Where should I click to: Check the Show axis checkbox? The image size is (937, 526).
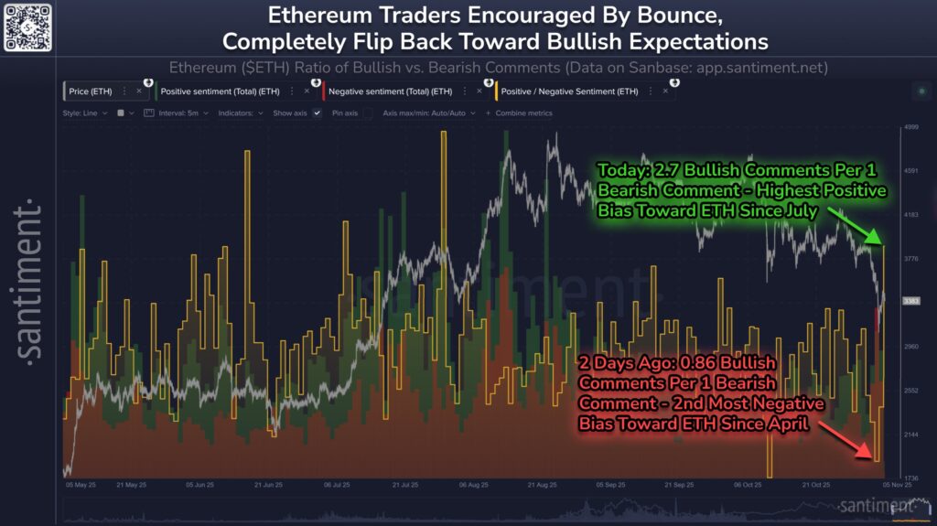tap(317, 113)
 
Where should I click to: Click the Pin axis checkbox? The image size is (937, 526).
tap(367, 113)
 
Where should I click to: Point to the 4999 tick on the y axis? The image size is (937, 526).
tap(910, 127)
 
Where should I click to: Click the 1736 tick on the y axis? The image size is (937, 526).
tap(910, 478)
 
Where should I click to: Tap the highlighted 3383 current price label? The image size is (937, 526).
tap(910, 300)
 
